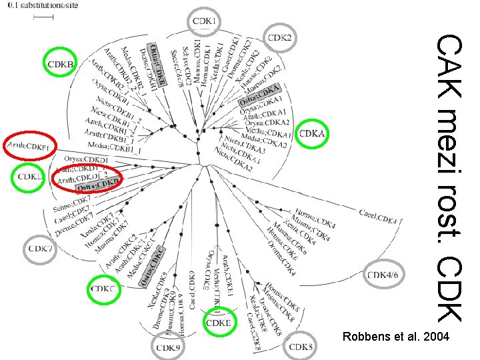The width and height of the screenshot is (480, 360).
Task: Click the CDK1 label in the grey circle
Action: click(204, 22)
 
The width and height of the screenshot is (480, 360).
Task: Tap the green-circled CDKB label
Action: click(60, 63)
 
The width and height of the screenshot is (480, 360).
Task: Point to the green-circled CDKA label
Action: click(312, 134)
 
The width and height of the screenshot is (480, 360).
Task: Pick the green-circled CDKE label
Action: click(219, 323)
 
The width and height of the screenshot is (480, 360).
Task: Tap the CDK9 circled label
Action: click(170, 347)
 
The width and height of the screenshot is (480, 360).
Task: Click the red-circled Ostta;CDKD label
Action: click(97, 185)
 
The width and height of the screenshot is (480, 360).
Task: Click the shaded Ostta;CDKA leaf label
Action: click(260, 96)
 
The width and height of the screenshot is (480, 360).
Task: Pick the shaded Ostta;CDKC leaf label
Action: click(153, 267)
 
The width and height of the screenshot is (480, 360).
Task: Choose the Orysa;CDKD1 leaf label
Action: click(86, 159)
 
